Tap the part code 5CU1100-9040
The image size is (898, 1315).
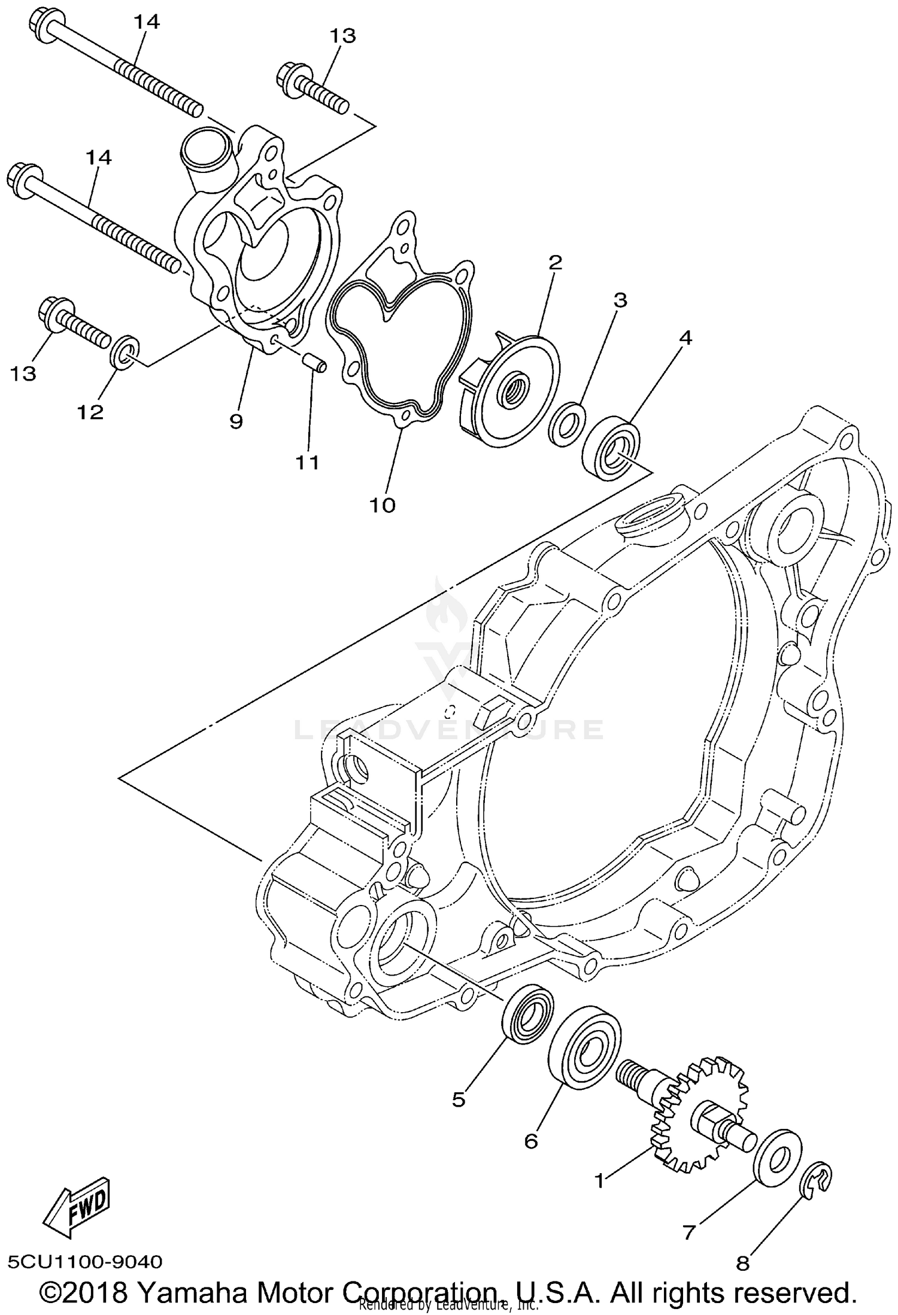click(x=86, y=1262)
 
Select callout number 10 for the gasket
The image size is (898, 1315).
click(x=383, y=505)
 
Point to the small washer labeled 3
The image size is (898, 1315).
click(x=565, y=425)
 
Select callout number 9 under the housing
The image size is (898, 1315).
click(x=236, y=421)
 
